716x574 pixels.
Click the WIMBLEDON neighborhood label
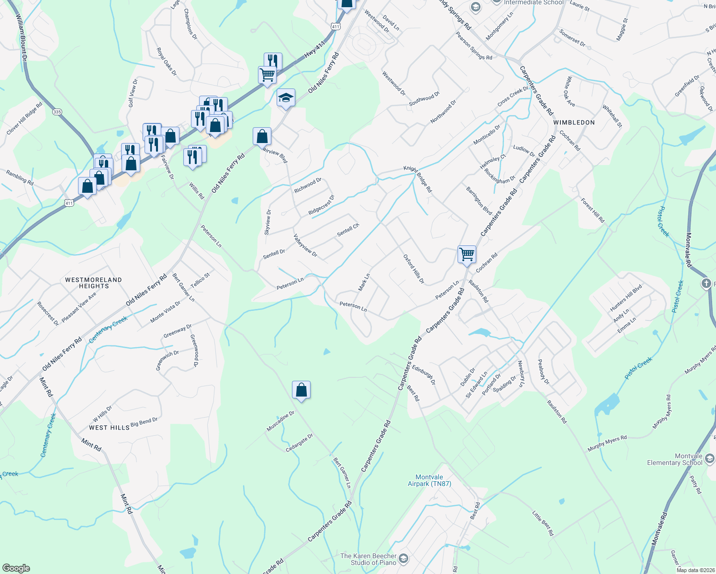pyautogui.click(x=574, y=122)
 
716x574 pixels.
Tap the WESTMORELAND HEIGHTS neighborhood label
pyautogui.click(x=94, y=283)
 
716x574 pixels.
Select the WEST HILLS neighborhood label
pyautogui.click(x=109, y=428)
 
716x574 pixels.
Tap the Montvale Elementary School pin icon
pyautogui.click(x=709, y=459)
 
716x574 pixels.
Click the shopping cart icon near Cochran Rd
pyautogui.click(x=467, y=254)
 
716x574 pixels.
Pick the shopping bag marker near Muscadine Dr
pyautogui.click(x=301, y=390)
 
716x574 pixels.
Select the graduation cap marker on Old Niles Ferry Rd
pyautogui.click(x=286, y=98)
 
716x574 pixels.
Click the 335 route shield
pyautogui.click(x=57, y=112)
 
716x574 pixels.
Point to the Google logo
pyautogui.click(x=16, y=568)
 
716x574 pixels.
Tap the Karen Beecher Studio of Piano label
pyautogui.click(x=368, y=559)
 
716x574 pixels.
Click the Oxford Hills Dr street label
pyautogui.click(x=414, y=269)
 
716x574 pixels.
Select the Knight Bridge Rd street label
pyautogui.click(x=417, y=179)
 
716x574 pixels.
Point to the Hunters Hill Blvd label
pyautogui.click(x=626, y=298)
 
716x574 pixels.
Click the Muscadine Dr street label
pyautogui.click(x=280, y=421)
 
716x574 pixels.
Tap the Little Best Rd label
pyautogui.click(x=543, y=523)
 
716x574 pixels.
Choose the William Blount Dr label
pyautogui.click(x=22, y=37)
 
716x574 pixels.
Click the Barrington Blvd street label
pyautogui.click(x=479, y=200)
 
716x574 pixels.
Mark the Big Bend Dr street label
pyautogui.click(x=144, y=422)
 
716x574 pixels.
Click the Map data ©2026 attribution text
pyautogui.click(x=695, y=570)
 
